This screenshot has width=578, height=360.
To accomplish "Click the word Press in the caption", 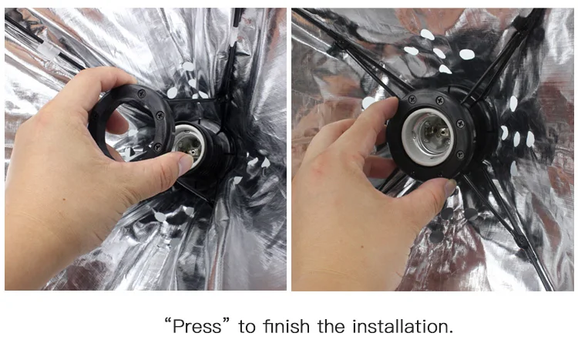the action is point(197,327).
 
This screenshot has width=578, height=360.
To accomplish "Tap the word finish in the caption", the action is point(287,326).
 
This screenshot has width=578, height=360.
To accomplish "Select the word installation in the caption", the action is point(402,326).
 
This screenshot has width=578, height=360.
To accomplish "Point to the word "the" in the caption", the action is point(331,326).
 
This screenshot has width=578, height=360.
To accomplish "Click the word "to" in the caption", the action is point(247,327).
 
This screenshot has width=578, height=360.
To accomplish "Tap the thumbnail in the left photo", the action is point(185,163).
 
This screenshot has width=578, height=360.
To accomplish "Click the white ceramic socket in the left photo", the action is point(189,145).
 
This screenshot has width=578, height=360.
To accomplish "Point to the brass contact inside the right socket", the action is point(435,133).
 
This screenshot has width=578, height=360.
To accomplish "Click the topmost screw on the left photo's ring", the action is point(142,94).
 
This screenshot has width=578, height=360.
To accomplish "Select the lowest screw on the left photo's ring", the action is point(157,147).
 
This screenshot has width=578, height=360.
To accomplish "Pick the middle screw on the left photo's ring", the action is point(160,115).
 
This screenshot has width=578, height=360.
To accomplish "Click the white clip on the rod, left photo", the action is point(48,49).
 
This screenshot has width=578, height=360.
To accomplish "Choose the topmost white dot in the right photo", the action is point(428,34).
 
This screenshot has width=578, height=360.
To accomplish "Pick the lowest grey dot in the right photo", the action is point(436,237).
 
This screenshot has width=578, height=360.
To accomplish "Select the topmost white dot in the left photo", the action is point(188,66).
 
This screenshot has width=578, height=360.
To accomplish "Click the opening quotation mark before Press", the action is point(168,321).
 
